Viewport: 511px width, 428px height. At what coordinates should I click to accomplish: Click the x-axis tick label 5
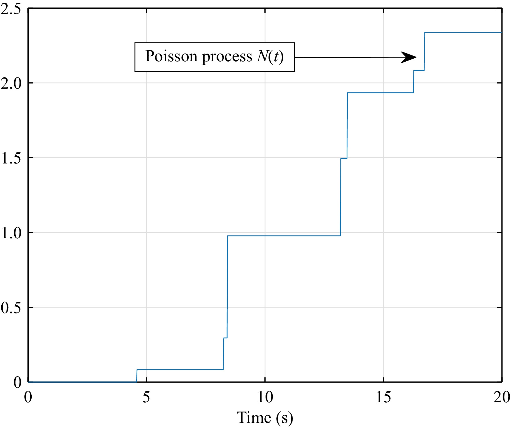point(146,397)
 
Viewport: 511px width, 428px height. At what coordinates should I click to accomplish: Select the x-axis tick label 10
point(265,397)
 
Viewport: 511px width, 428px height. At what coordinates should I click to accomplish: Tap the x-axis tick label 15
point(383,397)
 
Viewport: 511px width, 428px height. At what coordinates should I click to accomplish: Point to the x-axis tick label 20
point(502,397)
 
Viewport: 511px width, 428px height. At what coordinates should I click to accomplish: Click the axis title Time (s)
point(265,417)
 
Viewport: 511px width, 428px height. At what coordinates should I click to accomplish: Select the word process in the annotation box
point(227,57)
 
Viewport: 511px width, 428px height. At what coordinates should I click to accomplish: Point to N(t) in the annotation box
point(270,56)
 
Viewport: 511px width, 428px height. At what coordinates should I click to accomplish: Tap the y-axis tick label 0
point(17,382)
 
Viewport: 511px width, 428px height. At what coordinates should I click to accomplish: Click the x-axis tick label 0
point(28,397)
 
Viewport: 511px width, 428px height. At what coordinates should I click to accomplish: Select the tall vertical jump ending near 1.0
point(227,286)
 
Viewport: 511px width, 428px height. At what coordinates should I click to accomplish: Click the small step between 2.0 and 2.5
point(419,71)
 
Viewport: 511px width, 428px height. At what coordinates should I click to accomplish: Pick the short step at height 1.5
point(344,159)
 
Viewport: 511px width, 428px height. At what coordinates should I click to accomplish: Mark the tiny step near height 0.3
point(225,338)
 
